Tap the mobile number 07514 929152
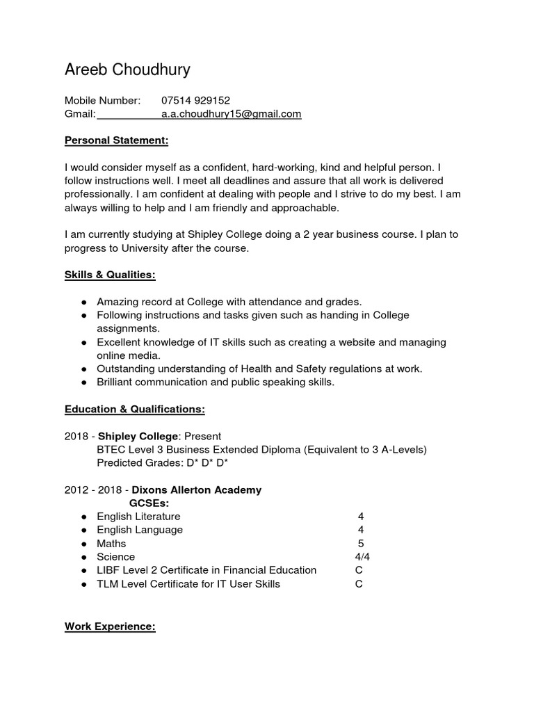(195, 100)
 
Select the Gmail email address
(231, 114)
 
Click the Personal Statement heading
(116, 141)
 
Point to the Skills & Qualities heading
(110, 275)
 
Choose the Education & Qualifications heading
(134, 410)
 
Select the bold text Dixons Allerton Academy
(197, 489)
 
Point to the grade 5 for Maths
(360, 543)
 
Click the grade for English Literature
(360, 517)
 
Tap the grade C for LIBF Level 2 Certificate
(359, 570)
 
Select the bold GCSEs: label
(149, 503)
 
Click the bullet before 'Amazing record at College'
(83, 302)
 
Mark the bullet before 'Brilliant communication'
(83, 382)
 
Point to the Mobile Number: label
(102, 100)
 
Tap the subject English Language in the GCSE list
(140, 530)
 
